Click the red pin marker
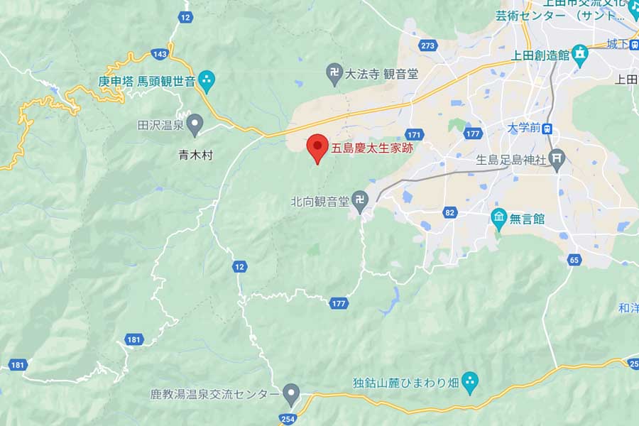317,147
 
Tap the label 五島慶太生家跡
372,149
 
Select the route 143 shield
160,54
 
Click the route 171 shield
415,134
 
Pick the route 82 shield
449,212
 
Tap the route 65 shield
573,260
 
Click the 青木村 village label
196,154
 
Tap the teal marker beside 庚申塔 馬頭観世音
207,80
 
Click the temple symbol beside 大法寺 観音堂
334,72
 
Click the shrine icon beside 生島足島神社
558,160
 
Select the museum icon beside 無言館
499,219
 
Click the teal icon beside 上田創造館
580,54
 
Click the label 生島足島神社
511,160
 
